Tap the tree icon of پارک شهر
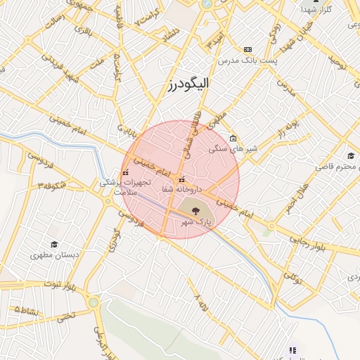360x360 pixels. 195,207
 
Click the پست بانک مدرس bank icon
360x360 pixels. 247,49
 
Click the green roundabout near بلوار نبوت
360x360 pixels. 93,302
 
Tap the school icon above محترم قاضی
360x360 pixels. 350,155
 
